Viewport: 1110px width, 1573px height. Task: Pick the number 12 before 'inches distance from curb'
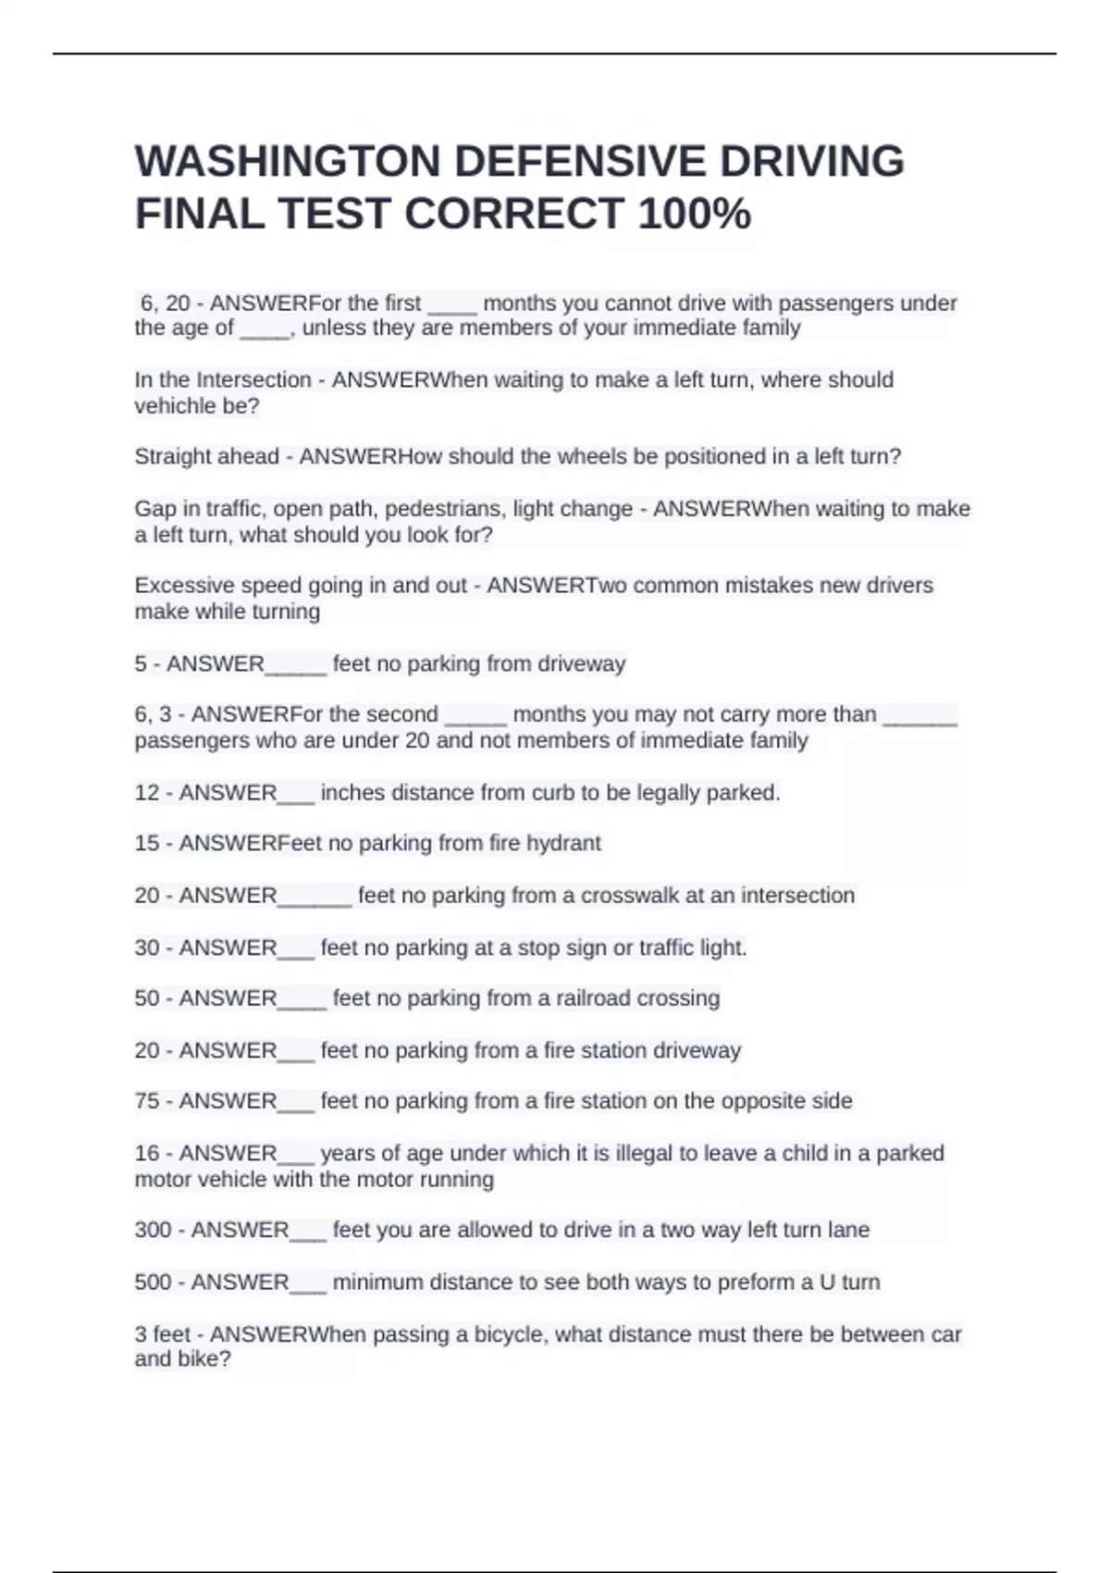point(147,793)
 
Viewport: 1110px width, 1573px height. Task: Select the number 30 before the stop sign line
point(147,948)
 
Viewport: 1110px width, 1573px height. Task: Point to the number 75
point(147,1101)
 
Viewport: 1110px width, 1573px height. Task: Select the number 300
point(153,1230)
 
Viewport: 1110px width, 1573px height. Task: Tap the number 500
point(153,1282)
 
